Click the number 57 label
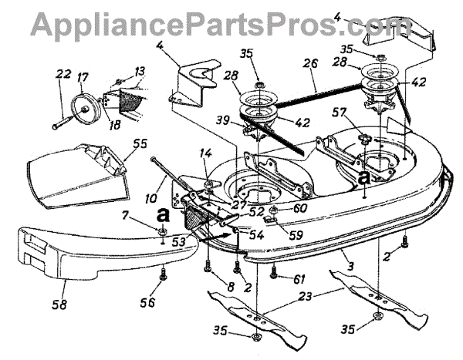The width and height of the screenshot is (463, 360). [x=358, y=113]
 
